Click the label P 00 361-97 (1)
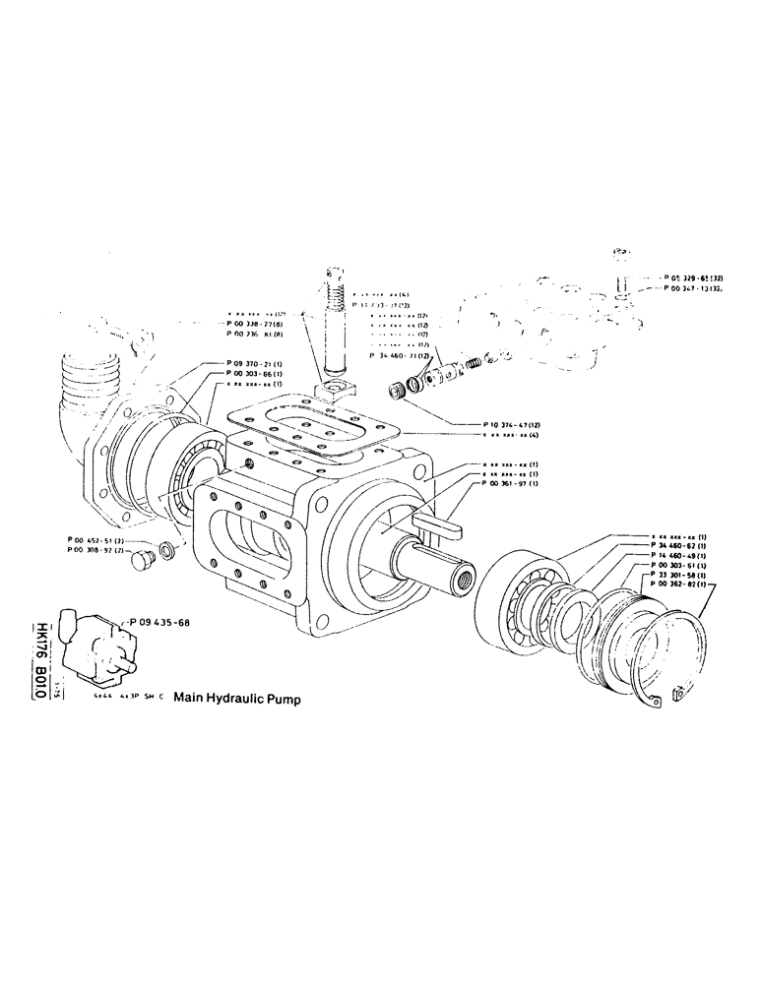(504, 483)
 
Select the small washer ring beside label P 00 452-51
(167, 546)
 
